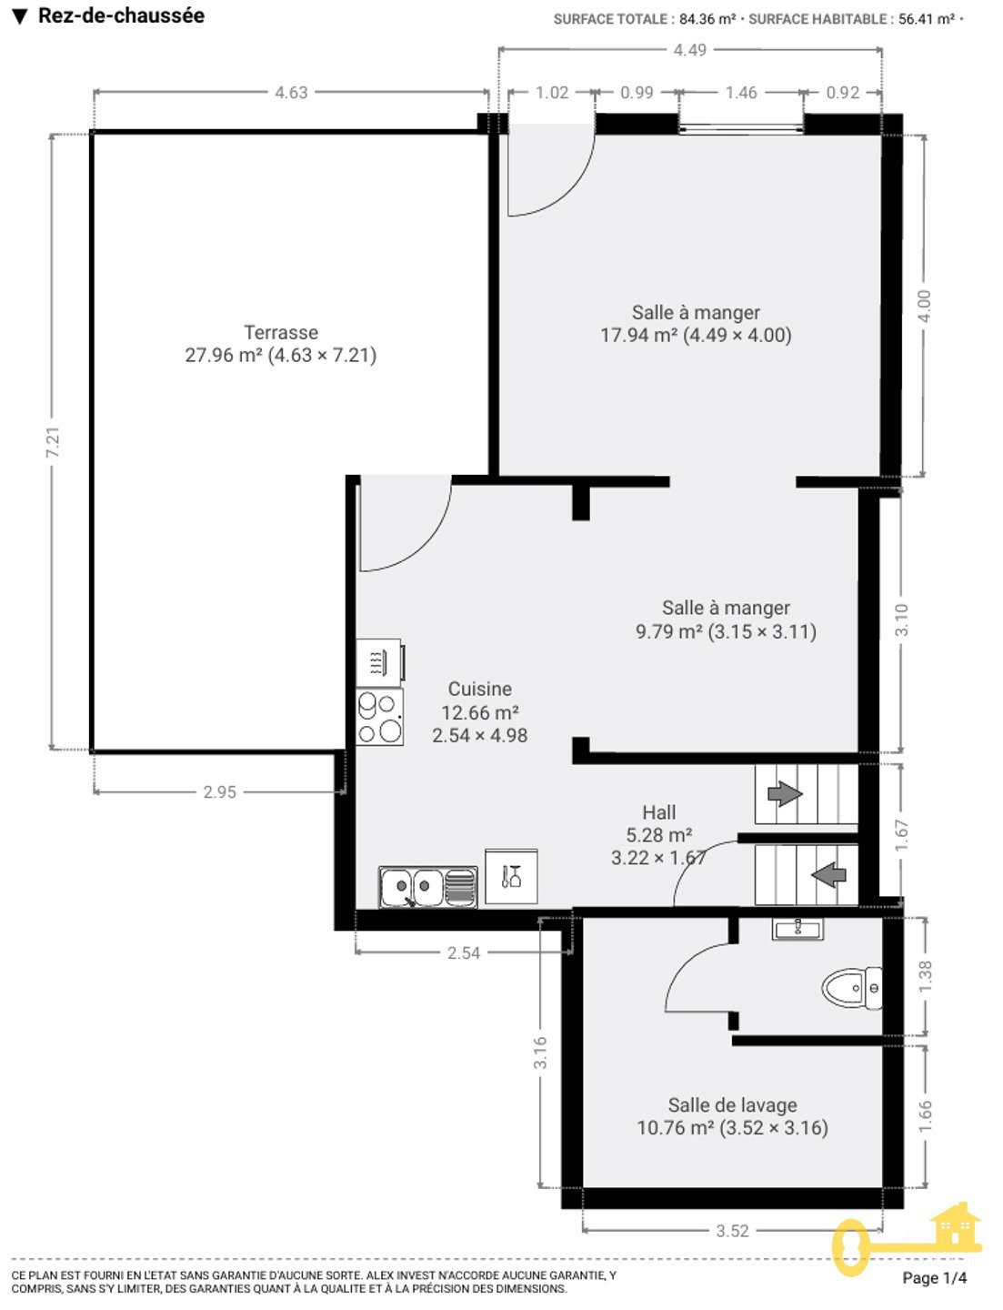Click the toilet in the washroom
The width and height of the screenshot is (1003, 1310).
pyautogui.click(x=851, y=989)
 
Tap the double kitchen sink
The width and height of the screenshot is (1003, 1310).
pyautogui.click(x=427, y=887)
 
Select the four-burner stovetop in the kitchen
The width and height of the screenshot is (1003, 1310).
pyautogui.click(x=379, y=717)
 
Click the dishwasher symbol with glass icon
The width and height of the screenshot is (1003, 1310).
pyautogui.click(x=511, y=876)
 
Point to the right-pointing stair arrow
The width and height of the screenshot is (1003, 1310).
pyautogui.click(x=785, y=793)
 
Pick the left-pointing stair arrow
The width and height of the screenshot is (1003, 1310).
pyautogui.click(x=829, y=875)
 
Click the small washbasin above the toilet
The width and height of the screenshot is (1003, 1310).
pyautogui.click(x=797, y=929)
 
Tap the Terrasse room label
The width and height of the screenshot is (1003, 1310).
pyautogui.click(x=281, y=332)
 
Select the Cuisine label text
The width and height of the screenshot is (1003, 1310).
pyautogui.click(x=479, y=689)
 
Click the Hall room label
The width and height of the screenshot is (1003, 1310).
pyautogui.click(x=658, y=812)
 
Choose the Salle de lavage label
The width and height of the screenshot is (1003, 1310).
pyautogui.click(x=732, y=1105)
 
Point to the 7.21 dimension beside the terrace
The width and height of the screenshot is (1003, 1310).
pyautogui.click(x=53, y=442)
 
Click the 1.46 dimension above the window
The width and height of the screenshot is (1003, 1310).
pyautogui.click(x=740, y=92)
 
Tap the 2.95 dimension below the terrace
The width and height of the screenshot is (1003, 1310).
pyautogui.click(x=219, y=791)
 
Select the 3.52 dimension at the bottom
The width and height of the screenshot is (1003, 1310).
pyautogui.click(x=732, y=1231)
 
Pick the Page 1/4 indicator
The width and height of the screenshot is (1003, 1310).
pyautogui.click(x=934, y=1277)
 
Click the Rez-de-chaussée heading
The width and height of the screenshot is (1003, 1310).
pyautogui.click(x=121, y=15)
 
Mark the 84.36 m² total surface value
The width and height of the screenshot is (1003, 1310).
pyautogui.click(x=707, y=19)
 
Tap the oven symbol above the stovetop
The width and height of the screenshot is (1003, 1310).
pyautogui.click(x=380, y=662)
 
